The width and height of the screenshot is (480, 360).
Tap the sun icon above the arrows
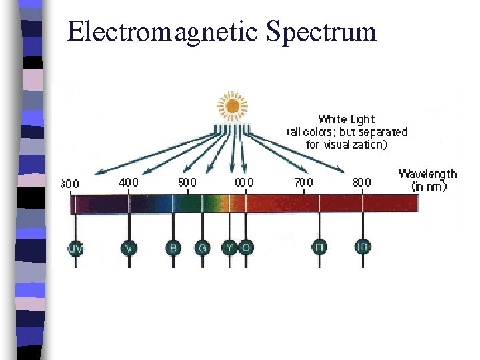pos(233,105)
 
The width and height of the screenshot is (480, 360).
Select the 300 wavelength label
pos(70,184)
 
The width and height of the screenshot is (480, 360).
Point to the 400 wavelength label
pos(128,182)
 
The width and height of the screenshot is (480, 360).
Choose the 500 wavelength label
pos(187,182)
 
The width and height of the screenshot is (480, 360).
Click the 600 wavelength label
pos(243,182)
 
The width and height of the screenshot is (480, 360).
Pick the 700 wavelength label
pos(303,182)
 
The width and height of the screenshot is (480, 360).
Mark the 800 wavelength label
pos(361,182)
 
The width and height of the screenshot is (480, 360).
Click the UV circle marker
pos(76,248)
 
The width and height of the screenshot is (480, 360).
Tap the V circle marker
pos(129,248)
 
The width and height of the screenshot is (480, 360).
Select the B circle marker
pos(173,248)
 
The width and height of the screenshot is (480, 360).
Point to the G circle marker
pos(203,248)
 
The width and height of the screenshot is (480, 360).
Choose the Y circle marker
pos(230,248)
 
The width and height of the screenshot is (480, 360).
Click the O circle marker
pos(246,248)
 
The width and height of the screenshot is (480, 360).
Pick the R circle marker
pos(319,248)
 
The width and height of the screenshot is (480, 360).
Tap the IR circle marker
pos(363,248)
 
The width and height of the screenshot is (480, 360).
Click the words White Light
pos(346,120)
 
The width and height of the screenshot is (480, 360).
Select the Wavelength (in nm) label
pos(427,180)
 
